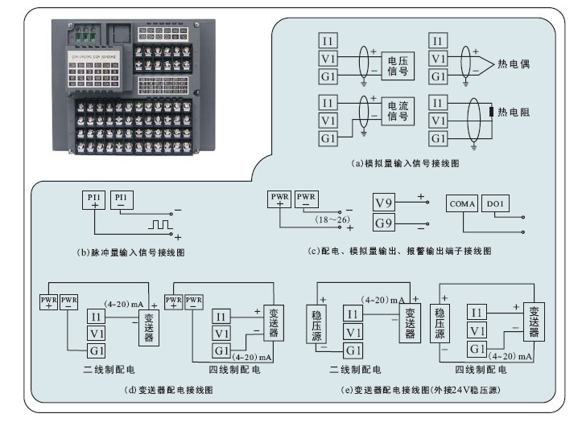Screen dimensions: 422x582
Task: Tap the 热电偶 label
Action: point(520,62)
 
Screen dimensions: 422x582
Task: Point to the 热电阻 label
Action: point(514,113)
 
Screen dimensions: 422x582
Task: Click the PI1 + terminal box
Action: point(93,200)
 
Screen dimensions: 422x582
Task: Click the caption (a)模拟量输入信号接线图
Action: point(406,163)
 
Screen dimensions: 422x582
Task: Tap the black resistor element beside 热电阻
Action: point(490,112)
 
